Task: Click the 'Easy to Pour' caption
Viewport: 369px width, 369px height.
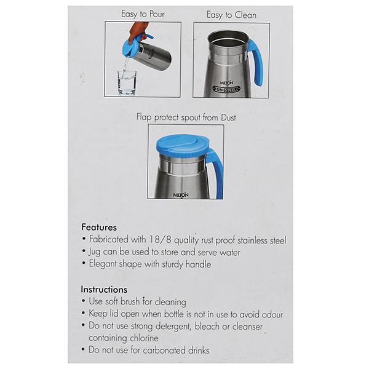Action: (143, 14)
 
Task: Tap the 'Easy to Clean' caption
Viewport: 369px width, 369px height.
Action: (231, 15)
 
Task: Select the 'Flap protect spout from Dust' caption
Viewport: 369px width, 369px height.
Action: (186, 117)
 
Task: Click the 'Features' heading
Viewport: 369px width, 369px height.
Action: (99, 228)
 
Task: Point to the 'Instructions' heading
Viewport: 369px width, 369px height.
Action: (104, 290)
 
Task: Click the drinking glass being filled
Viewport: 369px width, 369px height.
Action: (127, 82)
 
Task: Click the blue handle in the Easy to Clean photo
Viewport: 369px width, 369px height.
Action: (256, 62)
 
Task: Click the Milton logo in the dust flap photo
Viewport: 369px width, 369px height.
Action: (181, 195)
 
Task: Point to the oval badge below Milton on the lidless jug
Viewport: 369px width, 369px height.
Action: (226, 89)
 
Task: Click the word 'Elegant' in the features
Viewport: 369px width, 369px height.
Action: (103, 264)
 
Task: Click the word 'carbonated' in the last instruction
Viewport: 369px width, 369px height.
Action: (164, 351)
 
